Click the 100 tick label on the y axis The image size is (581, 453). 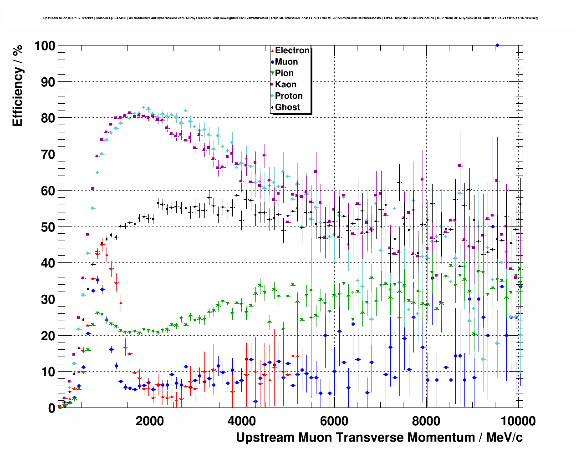pos(44,46)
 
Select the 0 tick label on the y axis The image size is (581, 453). pos(51,408)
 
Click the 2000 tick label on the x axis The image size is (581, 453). pos(150,421)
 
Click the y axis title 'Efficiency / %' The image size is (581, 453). pos(18,86)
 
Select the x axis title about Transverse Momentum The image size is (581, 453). pos(379,438)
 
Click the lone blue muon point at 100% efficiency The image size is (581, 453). pos(497,45)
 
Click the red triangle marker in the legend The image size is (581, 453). pos(272,50)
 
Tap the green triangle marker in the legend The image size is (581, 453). pos(272,73)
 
